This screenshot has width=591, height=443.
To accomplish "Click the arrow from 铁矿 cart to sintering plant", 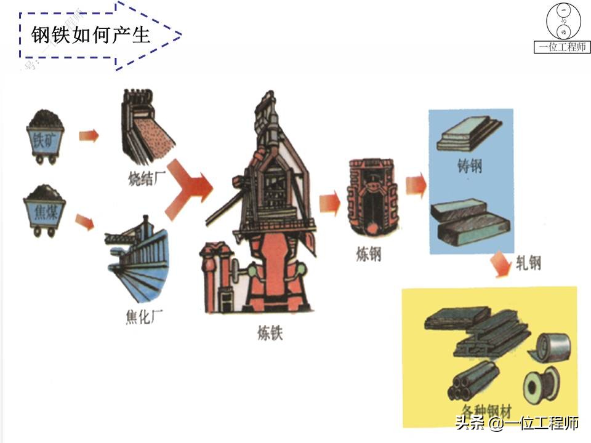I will click(x=88, y=135).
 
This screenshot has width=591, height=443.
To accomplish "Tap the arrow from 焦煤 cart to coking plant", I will click(x=84, y=221).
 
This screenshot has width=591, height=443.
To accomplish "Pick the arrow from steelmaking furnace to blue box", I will click(x=416, y=183).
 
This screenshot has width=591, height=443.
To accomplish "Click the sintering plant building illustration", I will click(x=147, y=126).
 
